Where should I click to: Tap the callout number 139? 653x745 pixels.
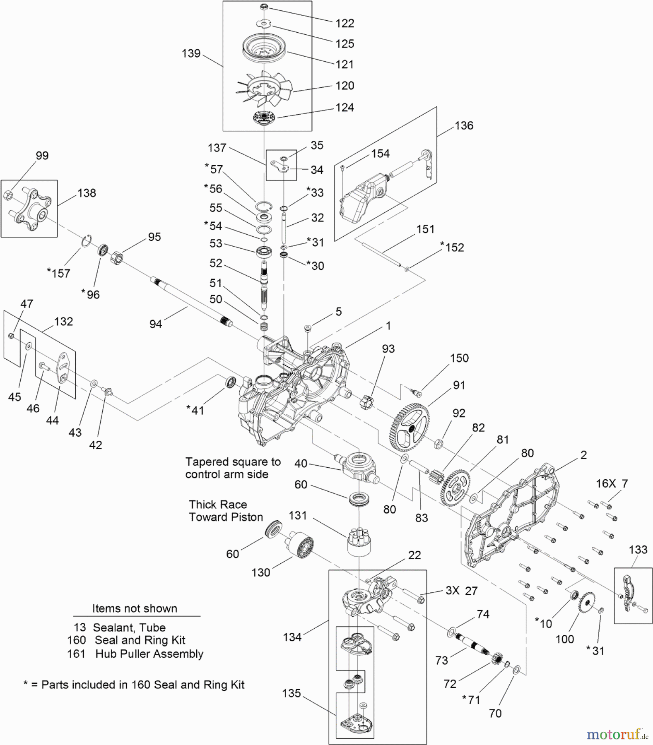click(191, 53)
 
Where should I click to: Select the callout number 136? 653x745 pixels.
click(464, 125)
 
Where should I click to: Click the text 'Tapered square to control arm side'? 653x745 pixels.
click(232, 468)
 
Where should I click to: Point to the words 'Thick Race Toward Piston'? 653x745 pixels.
click(226, 511)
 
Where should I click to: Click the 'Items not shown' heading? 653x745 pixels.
click(135, 608)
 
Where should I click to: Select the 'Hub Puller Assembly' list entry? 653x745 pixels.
click(149, 654)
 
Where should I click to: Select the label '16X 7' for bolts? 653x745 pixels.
click(612, 483)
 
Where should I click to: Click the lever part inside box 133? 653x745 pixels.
click(628, 593)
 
